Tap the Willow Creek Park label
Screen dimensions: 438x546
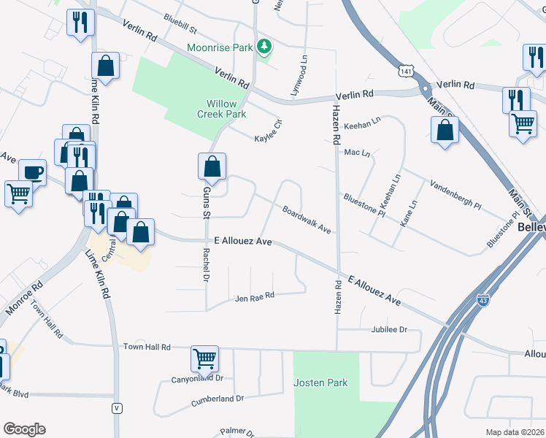point(222,109)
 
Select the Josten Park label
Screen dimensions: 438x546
point(320,383)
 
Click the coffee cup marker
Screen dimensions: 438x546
point(32,173)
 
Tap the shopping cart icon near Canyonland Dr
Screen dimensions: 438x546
point(204,358)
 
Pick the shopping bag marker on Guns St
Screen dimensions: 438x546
point(212,166)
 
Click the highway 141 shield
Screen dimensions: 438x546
point(406,69)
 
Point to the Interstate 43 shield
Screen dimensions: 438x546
point(483,299)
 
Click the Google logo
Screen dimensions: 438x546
point(24,429)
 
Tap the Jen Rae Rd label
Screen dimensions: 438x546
point(254,297)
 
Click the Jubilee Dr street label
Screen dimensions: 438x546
point(388,330)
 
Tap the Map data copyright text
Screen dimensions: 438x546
point(515,432)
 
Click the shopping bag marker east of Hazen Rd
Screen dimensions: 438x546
point(445,131)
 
